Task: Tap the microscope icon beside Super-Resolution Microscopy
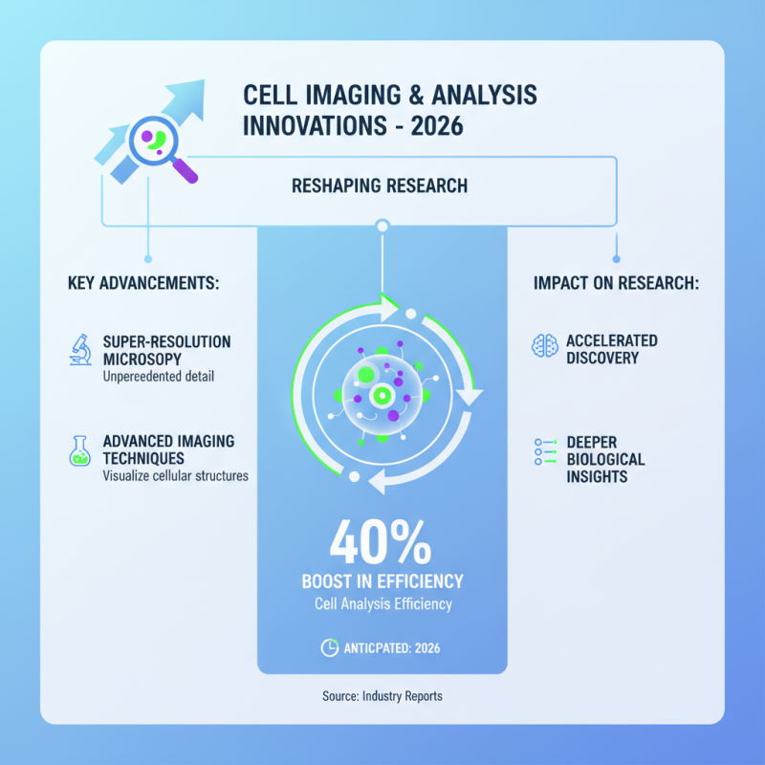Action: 79,348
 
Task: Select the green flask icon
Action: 79,448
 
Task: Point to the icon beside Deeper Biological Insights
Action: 544,451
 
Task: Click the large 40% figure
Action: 381,545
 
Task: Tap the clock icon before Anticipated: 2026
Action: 329,647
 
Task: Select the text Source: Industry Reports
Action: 382,696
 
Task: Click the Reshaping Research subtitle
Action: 380,186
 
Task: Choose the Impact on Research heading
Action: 615,284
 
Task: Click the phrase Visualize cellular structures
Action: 175,475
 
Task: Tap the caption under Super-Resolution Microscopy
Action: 160,376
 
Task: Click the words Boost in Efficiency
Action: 382,581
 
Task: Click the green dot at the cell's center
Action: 382,394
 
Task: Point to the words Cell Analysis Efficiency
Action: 382,603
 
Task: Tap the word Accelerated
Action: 612,340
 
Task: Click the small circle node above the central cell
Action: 382,226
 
